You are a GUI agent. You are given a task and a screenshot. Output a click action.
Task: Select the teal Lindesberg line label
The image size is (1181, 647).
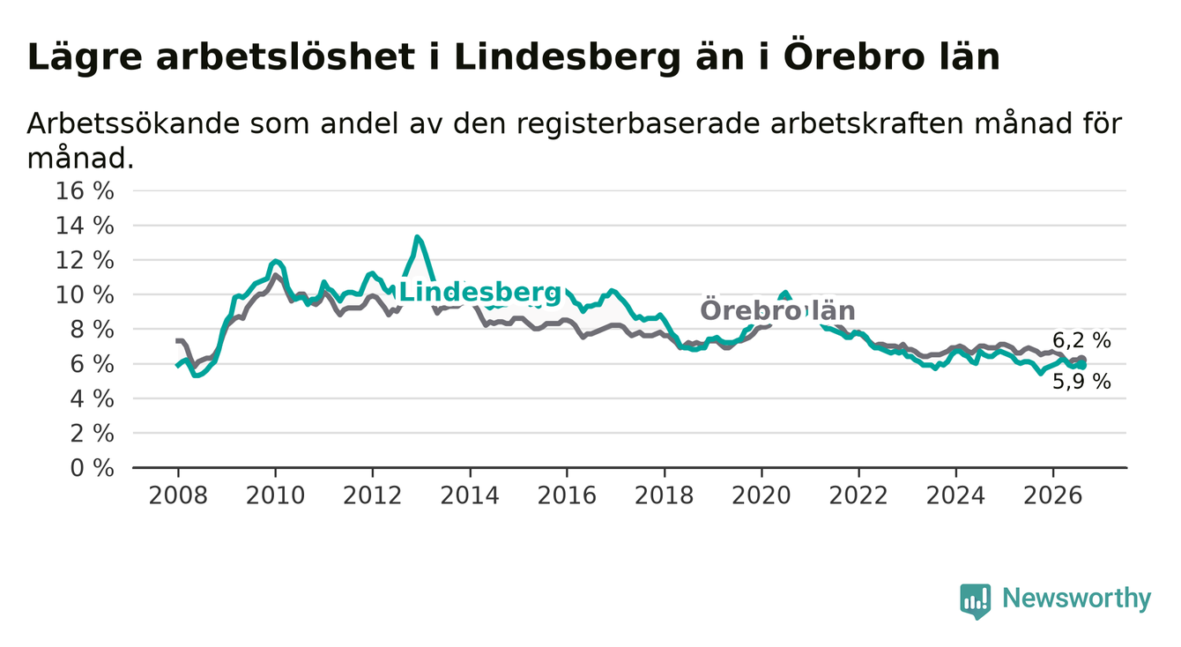480,292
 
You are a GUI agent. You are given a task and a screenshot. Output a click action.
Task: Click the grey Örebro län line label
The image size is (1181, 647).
777,310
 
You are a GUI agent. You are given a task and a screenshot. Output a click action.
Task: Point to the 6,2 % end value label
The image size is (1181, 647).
1081,340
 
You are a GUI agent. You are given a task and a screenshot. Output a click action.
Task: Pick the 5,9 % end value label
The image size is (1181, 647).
1081,382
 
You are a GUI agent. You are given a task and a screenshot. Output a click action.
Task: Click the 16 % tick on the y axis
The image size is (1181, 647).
85,191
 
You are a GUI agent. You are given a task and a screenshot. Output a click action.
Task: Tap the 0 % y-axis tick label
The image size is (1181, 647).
93,468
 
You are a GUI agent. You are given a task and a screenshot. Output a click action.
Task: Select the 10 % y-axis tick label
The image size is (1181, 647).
85,294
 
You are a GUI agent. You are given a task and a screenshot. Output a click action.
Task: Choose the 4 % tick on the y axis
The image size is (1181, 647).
93,399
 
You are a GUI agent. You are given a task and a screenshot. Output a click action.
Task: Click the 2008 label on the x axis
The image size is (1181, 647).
178,495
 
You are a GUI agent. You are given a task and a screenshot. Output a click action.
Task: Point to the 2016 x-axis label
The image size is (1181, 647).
567,495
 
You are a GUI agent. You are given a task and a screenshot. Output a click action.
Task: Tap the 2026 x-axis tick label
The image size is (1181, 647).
1053,495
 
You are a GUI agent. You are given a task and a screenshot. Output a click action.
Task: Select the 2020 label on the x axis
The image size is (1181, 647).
761,495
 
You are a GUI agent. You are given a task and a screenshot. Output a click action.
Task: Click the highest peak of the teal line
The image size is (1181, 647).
417,237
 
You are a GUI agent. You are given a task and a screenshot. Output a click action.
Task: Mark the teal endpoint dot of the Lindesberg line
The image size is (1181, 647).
1082,365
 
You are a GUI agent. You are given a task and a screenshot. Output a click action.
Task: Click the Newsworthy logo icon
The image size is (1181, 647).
976,601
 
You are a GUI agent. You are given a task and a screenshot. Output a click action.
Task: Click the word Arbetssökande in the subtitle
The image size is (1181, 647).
133,123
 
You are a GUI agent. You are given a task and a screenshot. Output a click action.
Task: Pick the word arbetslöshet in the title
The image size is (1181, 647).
286,57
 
